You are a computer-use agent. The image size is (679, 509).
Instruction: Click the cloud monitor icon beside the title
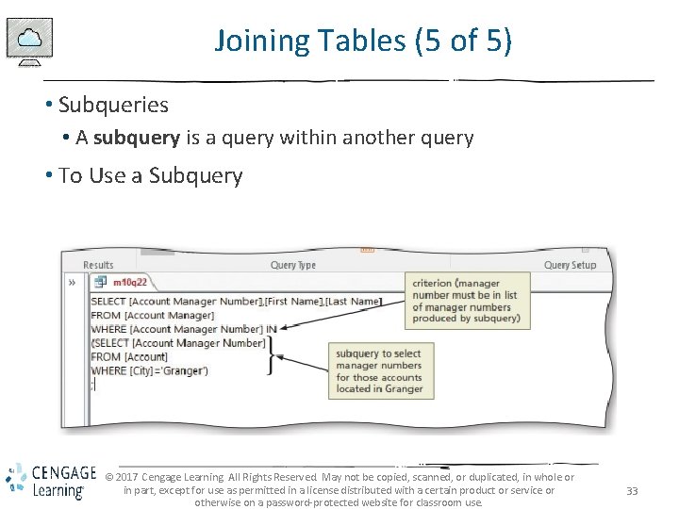[x=30, y=42]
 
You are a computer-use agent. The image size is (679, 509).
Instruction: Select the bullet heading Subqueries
[x=113, y=105]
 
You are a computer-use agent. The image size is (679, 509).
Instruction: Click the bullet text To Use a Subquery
[x=150, y=175]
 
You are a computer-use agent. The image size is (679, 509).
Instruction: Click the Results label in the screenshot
[x=98, y=265]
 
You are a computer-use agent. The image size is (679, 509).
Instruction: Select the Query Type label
[x=293, y=265]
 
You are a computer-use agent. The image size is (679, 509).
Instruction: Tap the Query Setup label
[x=570, y=265]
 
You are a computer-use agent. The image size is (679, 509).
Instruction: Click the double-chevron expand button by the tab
[x=72, y=282]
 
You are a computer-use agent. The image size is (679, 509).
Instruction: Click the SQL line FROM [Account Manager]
[x=153, y=315]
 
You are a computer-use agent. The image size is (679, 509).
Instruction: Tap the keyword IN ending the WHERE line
[x=272, y=329]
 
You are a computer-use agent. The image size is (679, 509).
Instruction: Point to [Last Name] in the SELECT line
[x=354, y=301]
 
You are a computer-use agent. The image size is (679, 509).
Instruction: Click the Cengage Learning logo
[x=50, y=481]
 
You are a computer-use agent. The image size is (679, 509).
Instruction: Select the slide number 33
[x=633, y=491]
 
